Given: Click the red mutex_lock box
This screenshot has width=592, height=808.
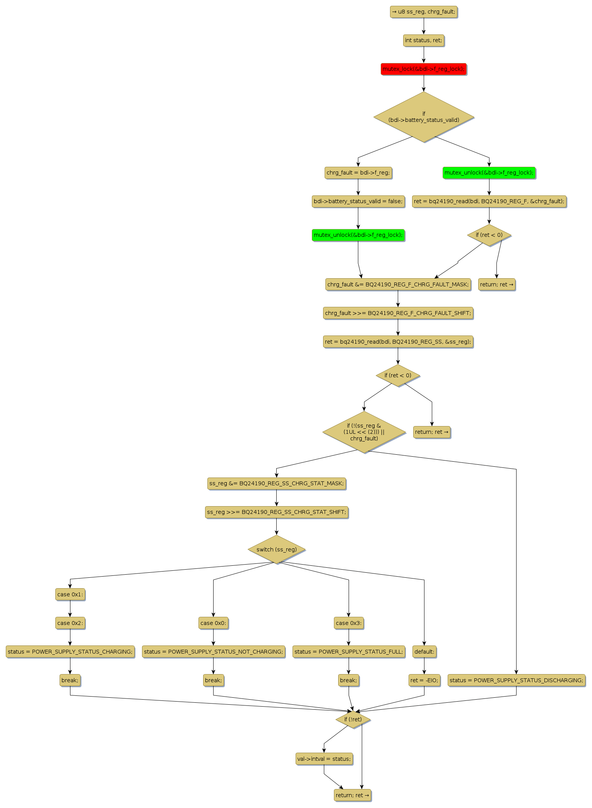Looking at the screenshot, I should [423, 69].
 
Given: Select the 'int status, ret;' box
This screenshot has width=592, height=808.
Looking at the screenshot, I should [423, 40].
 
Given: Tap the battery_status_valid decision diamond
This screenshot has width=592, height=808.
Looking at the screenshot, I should [424, 117].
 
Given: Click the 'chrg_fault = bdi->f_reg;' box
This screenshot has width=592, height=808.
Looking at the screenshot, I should [358, 173].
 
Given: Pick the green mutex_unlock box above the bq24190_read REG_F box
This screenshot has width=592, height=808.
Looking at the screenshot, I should [489, 173].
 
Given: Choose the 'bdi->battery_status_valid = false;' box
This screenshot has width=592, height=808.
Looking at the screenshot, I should [358, 201].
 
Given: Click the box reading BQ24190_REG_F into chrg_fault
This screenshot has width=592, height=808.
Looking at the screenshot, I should [489, 201].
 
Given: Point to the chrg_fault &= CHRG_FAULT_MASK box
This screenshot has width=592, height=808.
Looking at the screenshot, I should [398, 284].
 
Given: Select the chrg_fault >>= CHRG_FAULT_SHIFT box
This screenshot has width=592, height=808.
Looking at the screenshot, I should [398, 313].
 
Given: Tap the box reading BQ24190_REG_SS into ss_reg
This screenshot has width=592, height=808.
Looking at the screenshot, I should [398, 342].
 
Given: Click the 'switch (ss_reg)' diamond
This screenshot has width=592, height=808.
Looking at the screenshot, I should [276, 550].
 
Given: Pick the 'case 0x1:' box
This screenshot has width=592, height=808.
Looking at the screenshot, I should [70, 594].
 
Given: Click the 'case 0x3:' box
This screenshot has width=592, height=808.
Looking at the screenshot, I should [349, 623].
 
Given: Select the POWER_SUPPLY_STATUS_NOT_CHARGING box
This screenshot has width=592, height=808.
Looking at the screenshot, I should [213, 652].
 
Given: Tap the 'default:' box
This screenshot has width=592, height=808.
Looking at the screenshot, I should [424, 652].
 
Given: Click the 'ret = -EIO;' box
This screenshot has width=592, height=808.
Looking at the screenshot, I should [424, 680].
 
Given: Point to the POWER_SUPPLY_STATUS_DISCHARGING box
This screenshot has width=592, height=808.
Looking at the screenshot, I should [516, 680].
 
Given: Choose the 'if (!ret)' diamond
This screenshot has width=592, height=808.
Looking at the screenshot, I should [353, 719].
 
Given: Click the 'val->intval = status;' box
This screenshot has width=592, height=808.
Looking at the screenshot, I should [324, 759].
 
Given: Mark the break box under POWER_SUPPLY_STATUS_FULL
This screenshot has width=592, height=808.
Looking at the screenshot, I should [349, 680].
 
